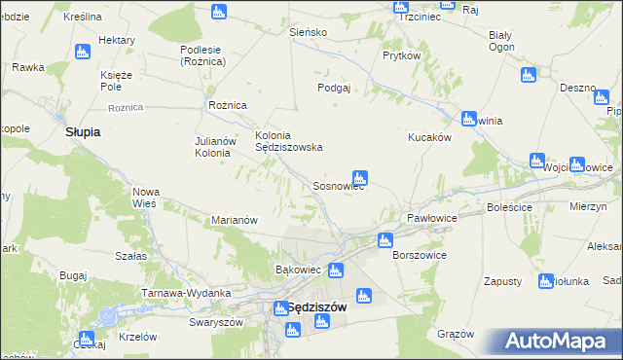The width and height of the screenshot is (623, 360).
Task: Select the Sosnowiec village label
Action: click(338, 186)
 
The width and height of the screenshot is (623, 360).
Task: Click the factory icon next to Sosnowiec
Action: click(359, 178)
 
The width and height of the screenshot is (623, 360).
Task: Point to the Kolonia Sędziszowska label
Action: click(288, 141)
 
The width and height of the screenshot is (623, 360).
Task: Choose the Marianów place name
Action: click(234, 220)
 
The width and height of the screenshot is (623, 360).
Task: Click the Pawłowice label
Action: click(432, 218)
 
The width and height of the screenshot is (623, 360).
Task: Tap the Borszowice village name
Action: click(419, 255)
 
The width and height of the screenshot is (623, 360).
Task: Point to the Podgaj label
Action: click(333, 87)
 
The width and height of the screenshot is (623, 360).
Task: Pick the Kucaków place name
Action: click(428, 138)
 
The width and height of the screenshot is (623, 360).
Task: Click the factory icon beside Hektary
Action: click(83, 51)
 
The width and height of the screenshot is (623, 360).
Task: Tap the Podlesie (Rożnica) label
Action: click(202, 55)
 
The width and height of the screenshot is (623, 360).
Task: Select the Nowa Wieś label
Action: click(146, 198)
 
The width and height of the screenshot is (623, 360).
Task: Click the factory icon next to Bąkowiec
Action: click(336, 270)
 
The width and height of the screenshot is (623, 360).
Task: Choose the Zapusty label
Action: click(503, 281)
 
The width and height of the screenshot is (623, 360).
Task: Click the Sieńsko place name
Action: click(309, 32)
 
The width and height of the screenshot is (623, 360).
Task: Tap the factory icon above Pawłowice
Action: click(385, 239)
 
